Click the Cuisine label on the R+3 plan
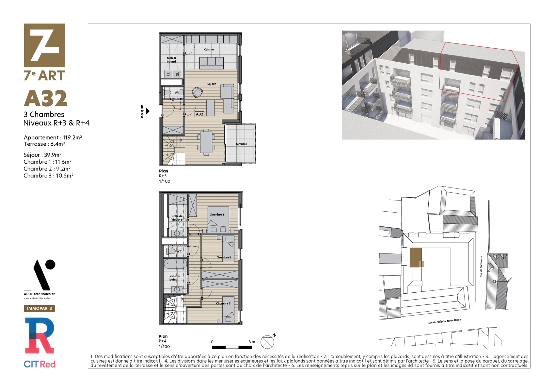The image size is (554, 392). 209,50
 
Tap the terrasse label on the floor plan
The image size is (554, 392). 241,144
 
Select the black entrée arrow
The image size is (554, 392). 148,111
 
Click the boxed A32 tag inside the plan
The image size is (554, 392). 199,114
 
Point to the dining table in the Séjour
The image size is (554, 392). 206,142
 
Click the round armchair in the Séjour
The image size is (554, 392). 198,92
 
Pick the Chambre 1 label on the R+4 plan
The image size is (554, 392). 217,215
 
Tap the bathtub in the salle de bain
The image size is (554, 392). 175,264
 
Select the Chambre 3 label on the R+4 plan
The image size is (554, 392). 223,303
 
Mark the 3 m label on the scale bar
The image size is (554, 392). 252,342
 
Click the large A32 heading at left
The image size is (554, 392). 45,98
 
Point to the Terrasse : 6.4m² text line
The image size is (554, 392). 44,144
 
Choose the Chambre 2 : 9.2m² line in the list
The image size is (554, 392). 47,169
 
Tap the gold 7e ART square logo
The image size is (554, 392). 44,45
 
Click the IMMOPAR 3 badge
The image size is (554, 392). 40,308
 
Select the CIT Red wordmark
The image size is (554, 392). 40,364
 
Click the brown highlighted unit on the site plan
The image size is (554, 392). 416,258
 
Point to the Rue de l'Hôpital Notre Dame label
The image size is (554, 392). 444,321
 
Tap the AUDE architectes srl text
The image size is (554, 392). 40,294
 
